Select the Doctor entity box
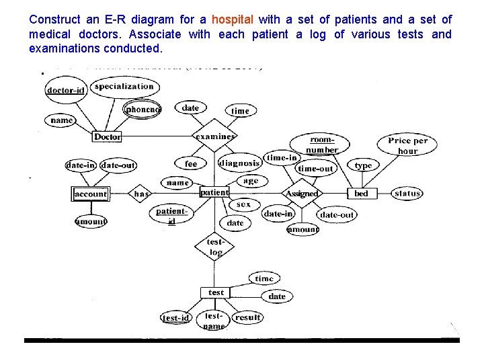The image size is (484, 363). [x=108, y=136]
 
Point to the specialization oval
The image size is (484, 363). [x=124, y=86]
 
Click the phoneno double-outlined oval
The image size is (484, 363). [x=143, y=110]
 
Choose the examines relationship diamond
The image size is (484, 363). [x=215, y=136]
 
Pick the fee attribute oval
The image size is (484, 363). [x=191, y=163]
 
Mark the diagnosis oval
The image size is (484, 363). [x=239, y=163]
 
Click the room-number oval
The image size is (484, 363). [x=321, y=145]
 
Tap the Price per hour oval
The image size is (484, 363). [x=408, y=145]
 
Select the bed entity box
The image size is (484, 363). [x=362, y=194]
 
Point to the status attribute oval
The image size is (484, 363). [x=407, y=194]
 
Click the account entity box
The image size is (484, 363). [x=90, y=194]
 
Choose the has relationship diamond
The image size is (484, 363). [x=141, y=194]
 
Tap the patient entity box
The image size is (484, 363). [x=214, y=192]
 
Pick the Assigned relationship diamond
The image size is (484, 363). [x=302, y=194]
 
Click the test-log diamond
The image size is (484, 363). [x=215, y=247]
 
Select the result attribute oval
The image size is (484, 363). [x=248, y=317]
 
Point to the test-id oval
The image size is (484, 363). [x=176, y=317]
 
